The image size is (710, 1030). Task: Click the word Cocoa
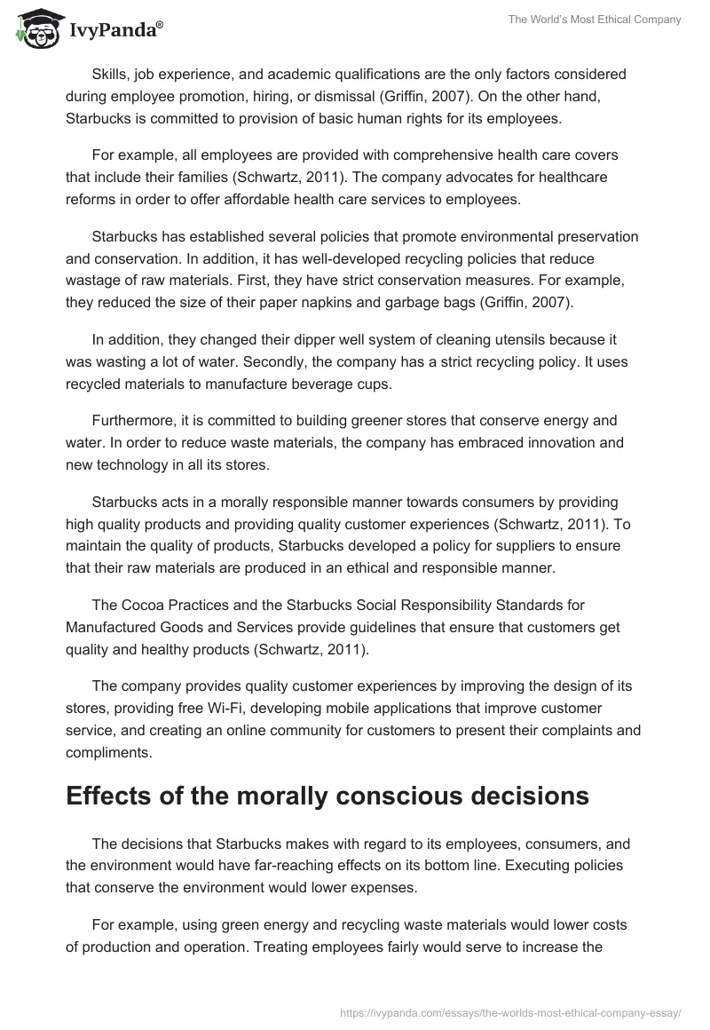pos(140,606)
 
